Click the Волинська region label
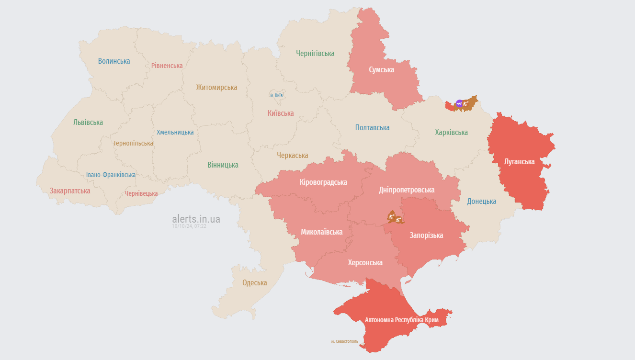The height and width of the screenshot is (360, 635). tap(114, 61)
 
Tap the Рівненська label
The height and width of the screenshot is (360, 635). tap(167, 66)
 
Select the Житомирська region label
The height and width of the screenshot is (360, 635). tap(216, 88)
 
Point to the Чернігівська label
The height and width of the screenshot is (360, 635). tap(315, 54)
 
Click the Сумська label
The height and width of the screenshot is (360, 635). tap(381, 70)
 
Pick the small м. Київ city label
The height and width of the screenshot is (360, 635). tap(276, 96)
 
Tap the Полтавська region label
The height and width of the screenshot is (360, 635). tap(372, 128)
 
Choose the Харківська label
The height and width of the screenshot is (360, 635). tap(451, 133)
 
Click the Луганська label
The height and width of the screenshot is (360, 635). tap(519, 161)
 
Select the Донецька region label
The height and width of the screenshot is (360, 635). tap(481, 202)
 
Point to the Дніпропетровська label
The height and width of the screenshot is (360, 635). tap(407, 190)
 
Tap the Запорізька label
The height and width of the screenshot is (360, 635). tap(426, 236)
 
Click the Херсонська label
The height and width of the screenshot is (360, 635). tap(365, 263)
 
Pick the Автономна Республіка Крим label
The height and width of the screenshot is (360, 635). tap(408, 320)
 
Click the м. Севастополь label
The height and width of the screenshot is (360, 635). tap(344, 341)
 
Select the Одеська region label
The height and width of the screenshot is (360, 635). tap(254, 283)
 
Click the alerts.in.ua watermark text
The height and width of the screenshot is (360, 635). tap(196, 219)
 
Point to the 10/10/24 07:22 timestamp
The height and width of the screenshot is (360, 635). tap(189, 226)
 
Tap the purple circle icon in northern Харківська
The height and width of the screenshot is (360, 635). tap(459, 103)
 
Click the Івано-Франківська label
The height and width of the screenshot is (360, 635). tap(111, 175)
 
